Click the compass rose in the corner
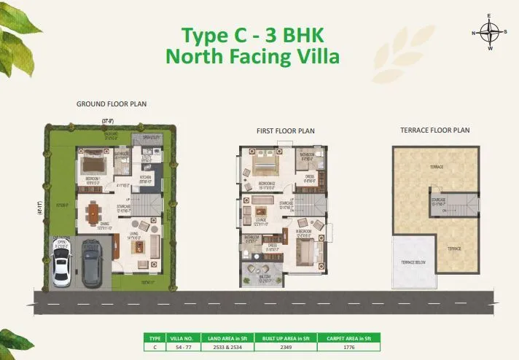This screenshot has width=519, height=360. click(491, 34)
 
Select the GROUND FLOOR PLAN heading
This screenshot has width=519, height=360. click(112, 104)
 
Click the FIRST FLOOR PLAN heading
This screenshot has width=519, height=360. click(285, 131)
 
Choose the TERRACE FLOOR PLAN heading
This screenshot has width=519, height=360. click(434, 130)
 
